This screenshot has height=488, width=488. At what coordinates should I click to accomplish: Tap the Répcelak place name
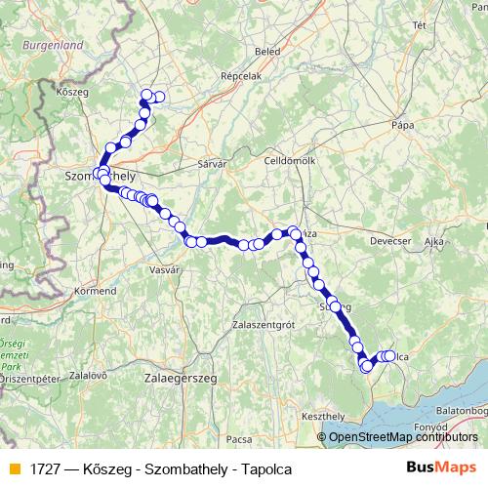[x=240, y=74]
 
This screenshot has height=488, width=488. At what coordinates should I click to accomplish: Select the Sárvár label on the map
[x=212, y=165]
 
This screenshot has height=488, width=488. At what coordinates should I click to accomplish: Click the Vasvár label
[x=163, y=268]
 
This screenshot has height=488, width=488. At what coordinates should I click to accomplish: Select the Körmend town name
[x=96, y=291]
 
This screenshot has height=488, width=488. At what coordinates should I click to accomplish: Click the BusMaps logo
[x=440, y=468]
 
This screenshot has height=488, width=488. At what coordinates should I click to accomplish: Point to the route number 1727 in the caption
[x=45, y=468]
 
